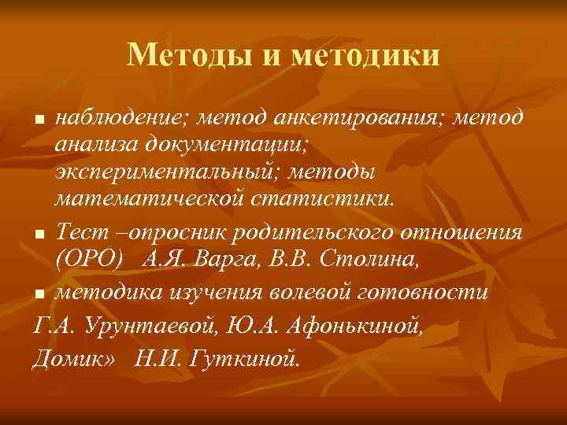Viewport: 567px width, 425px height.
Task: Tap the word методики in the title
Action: tap(365, 54)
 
